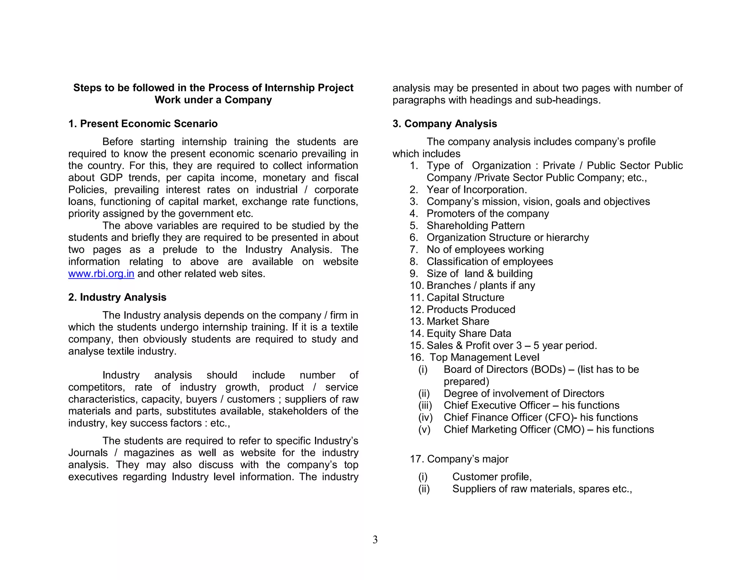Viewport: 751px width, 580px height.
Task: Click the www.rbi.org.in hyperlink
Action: tap(101, 274)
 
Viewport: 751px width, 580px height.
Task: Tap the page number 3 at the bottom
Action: tap(375, 539)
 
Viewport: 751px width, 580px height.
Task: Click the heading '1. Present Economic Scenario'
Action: tap(143, 124)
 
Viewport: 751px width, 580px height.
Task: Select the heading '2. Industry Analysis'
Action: tap(117, 297)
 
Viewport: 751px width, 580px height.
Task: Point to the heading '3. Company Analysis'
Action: tap(444, 124)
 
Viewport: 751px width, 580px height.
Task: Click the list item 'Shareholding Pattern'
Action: tap(475, 225)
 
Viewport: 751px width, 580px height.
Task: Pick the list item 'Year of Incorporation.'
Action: tap(476, 190)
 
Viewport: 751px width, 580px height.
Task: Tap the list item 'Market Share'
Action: tap(458, 322)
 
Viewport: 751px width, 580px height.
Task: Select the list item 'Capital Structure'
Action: tap(465, 297)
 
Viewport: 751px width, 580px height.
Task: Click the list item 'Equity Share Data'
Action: tap(469, 334)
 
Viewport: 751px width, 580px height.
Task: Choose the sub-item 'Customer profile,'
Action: tap(492, 477)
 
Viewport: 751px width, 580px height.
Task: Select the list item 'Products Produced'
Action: tap(471, 309)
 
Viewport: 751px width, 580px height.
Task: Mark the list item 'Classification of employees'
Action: tap(490, 261)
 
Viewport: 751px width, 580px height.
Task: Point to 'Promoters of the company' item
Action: tap(487, 214)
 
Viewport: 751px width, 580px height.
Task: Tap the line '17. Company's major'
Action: tap(459, 459)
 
